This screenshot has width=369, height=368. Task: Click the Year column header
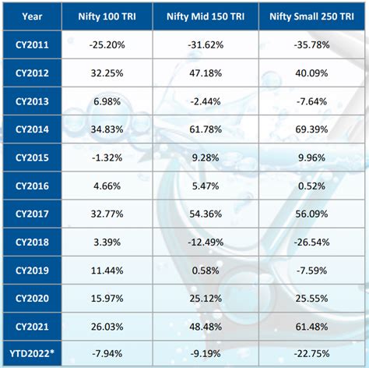click(33, 16)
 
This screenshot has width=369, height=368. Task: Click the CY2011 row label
click(33, 46)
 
